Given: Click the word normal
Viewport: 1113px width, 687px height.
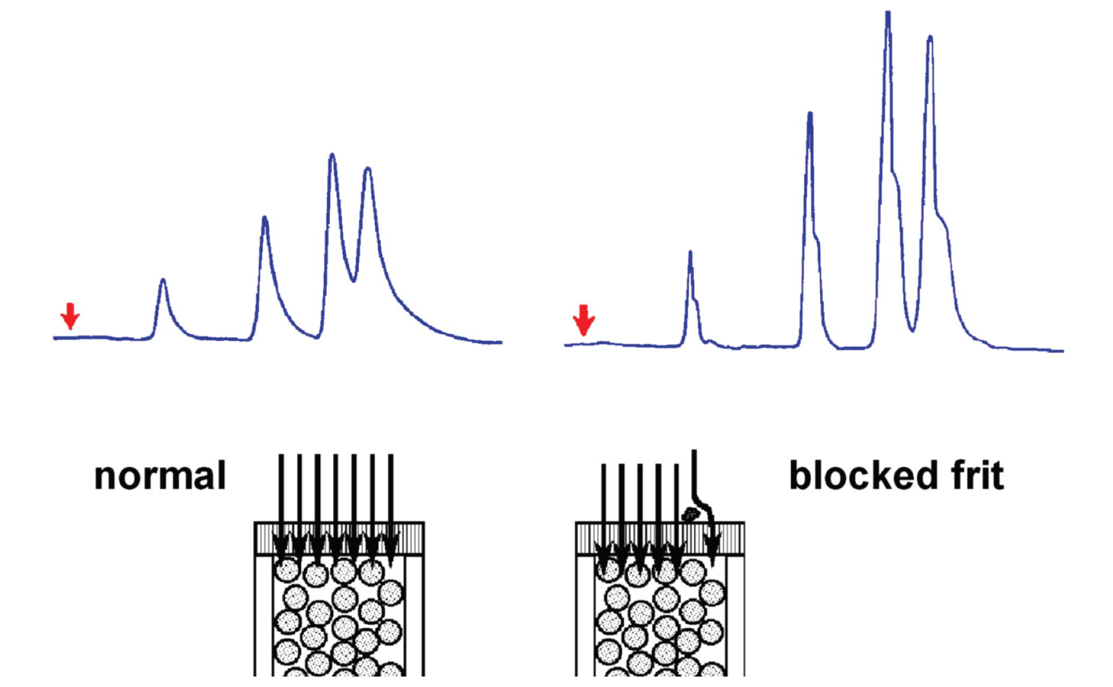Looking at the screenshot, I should coord(160,476).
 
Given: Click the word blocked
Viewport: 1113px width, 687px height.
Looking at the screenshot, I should coord(864,476).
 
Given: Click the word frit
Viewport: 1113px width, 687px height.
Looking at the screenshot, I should coord(977,476).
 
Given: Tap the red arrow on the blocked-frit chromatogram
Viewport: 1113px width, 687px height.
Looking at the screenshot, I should coord(584,320).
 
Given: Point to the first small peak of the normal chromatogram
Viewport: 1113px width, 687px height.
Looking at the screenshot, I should coord(163,280).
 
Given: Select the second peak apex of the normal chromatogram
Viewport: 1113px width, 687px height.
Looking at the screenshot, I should coord(264,218).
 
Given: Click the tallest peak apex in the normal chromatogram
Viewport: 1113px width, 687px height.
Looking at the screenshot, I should coord(332,155).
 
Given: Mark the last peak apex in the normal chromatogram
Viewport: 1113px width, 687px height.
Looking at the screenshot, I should coord(368,169).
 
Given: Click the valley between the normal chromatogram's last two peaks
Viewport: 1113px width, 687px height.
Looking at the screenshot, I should coord(353,280).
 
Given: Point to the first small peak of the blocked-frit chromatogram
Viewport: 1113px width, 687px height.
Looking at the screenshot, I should coord(690,252).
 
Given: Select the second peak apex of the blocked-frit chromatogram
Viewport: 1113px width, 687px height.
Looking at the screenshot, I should coord(810,114).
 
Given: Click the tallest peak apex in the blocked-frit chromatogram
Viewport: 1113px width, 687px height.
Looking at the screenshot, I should coord(888,13).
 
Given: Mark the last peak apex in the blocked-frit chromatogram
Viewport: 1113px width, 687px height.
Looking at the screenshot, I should coord(930,38).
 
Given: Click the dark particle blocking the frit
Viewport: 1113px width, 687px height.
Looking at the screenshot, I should coord(690,514).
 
